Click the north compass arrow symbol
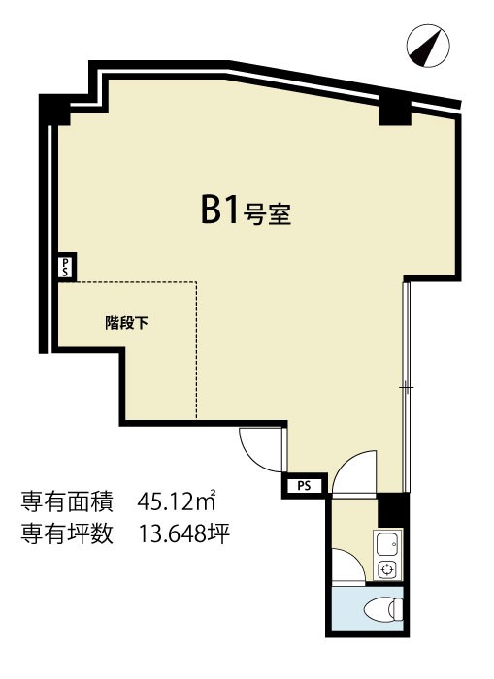pyautogui.click(x=428, y=47)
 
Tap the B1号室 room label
pyautogui.click(x=246, y=210)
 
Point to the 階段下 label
pyautogui.click(x=126, y=323)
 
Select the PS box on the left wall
pyautogui.click(x=67, y=268)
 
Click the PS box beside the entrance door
pyautogui.click(x=304, y=485)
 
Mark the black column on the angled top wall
pyautogui.click(x=394, y=110)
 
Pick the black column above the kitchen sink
pyautogui.click(x=393, y=511)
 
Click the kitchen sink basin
pyautogui.click(x=387, y=544)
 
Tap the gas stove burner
pyautogui.click(x=386, y=568)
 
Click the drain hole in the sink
pyautogui.click(x=393, y=543)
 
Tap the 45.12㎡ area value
pyautogui.click(x=177, y=502)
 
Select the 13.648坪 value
pyautogui.click(x=183, y=533)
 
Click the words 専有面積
pyautogui.click(x=67, y=502)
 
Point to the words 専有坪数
pyautogui.click(x=67, y=533)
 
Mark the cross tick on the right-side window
pyautogui.click(x=406, y=387)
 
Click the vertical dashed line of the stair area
pyautogui.click(x=197, y=350)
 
